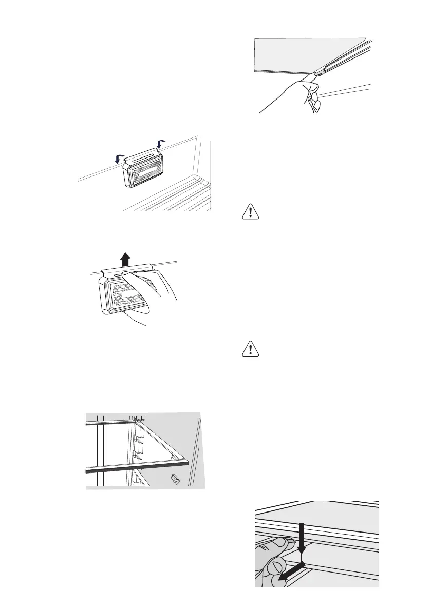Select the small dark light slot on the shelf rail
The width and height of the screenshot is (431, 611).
point(325,68)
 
